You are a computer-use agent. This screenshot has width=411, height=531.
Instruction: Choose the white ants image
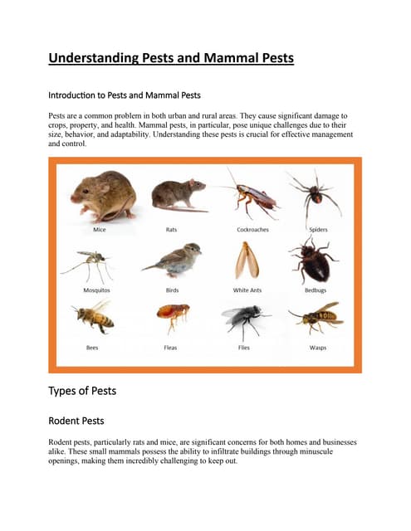245,260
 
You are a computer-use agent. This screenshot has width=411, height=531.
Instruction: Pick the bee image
92,317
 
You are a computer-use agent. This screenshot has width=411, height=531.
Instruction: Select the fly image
245,319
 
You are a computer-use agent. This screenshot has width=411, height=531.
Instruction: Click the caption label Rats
172,230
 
